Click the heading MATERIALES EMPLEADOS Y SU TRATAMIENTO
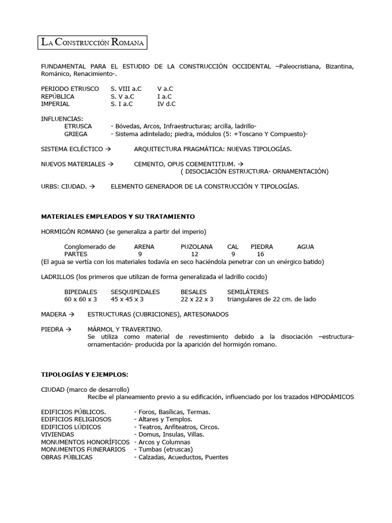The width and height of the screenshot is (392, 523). click(118, 217)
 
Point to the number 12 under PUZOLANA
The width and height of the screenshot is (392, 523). click(194, 254)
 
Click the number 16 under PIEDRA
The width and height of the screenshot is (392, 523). click(260, 254)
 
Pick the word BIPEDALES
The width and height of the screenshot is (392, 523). click(81, 292)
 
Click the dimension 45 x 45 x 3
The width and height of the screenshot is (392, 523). click(127, 299)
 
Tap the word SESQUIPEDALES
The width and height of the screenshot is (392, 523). click(135, 292)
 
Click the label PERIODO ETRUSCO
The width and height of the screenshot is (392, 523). click(70, 89)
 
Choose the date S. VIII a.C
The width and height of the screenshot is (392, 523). click(126, 89)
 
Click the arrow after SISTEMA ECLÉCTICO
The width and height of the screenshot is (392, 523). click(108, 149)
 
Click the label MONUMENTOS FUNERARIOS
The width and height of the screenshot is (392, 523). click(83, 449)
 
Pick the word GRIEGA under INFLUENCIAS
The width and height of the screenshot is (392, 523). click(76, 134)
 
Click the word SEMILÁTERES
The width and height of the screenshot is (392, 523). click(248, 292)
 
